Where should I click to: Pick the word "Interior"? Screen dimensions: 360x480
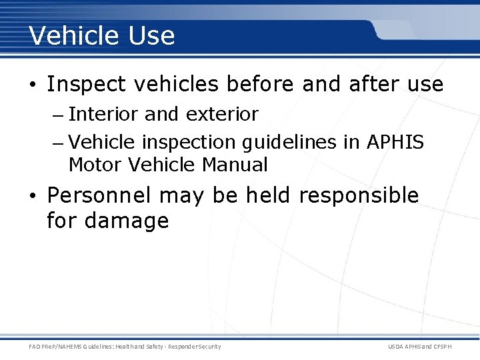[x=103, y=115]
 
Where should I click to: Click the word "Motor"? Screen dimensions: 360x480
[x=95, y=165]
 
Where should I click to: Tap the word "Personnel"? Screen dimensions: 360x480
[x=100, y=196]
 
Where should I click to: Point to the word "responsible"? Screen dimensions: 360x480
[x=359, y=196]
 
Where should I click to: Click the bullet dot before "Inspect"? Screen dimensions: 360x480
[x=33, y=85]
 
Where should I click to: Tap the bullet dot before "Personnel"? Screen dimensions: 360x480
[x=33, y=197]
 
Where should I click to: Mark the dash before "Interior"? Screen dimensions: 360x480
[x=57, y=115]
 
